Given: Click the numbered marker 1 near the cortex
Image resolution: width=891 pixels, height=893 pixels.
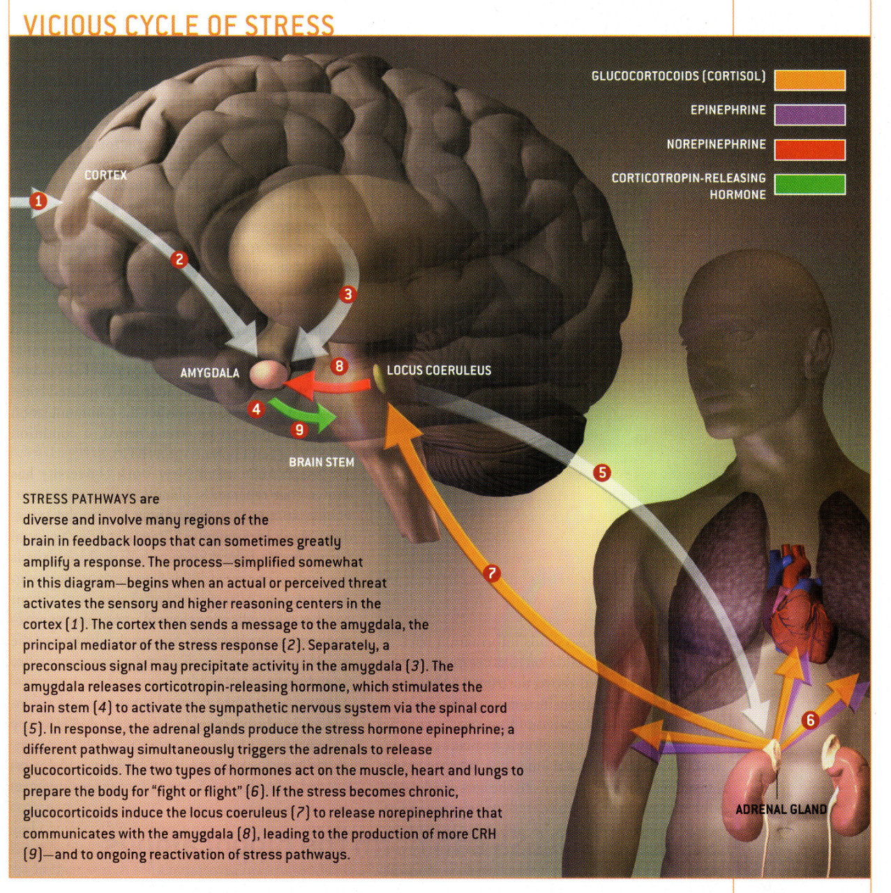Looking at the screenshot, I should point(39,202).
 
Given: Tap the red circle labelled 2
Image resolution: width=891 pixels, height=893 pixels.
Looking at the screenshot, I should point(180,260).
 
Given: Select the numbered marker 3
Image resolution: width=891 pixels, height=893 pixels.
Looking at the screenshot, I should point(347,294).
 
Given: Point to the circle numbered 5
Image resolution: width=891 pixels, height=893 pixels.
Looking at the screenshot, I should point(601,472).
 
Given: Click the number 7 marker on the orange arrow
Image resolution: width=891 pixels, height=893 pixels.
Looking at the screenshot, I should point(493,573).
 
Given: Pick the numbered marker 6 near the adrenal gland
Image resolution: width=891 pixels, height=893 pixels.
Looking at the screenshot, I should point(810,720).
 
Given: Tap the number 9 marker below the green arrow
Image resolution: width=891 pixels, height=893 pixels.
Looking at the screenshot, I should point(299,430).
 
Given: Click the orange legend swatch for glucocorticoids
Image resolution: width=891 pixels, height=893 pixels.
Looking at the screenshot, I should point(809,80).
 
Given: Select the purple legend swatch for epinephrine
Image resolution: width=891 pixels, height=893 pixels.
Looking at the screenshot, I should point(809,114).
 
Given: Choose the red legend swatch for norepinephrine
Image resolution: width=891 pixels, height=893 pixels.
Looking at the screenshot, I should point(809,149).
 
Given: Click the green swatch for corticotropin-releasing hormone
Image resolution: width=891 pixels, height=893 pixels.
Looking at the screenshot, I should point(809,184).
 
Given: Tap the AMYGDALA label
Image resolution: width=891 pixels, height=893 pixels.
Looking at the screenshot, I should point(209,373).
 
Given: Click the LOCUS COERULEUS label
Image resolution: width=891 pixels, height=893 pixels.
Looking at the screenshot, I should point(439,370).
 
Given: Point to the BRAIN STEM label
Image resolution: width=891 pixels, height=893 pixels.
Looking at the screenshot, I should point(321,462).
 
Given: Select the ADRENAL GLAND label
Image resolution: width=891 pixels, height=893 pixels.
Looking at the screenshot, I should point(781,809).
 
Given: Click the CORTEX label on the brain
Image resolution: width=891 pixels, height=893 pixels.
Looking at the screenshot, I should point(105,175).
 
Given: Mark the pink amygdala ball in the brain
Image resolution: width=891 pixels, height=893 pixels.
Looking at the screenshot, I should point(269,373).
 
